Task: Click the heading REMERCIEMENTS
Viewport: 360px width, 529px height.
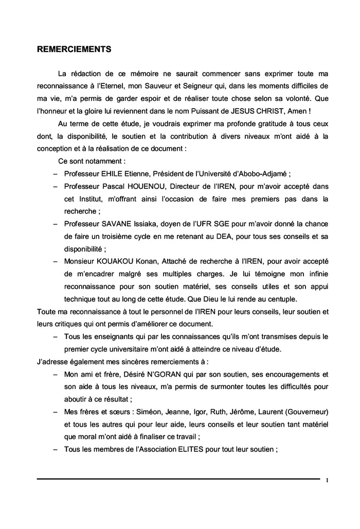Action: click(x=75, y=50)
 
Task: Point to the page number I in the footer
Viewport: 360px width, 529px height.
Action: click(x=328, y=481)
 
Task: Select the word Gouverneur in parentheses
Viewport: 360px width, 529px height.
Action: click(x=307, y=412)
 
